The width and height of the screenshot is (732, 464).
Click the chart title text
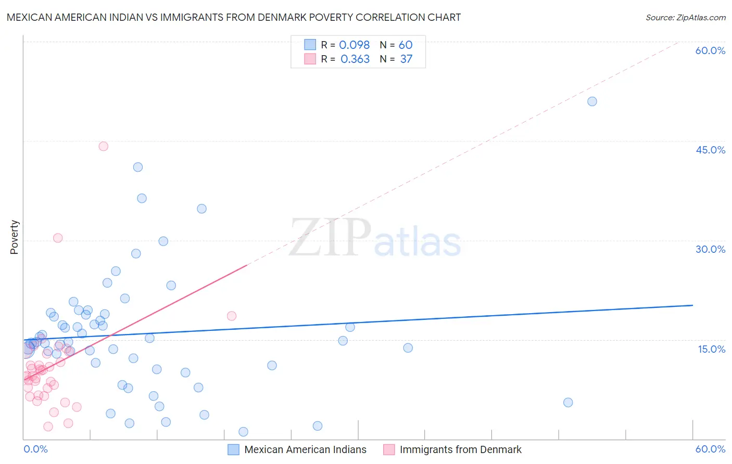pyautogui.click(x=234, y=17)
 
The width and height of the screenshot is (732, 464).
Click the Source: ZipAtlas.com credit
pyautogui.click(x=685, y=18)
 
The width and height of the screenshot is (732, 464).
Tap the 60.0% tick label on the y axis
pyautogui.click(x=710, y=50)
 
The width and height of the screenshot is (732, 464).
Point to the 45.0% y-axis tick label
pyautogui.click(x=710, y=150)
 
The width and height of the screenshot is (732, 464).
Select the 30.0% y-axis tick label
pyautogui.click(x=710, y=249)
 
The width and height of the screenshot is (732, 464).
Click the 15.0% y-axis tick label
pyautogui.click(x=711, y=349)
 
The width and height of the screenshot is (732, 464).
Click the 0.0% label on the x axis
pyautogui.click(x=35, y=449)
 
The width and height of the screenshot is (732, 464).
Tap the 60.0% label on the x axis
pyautogui.click(x=710, y=449)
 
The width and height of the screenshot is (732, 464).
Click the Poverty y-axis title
pyautogui.click(x=14, y=237)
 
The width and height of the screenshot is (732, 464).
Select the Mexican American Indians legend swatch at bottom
pyautogui.click(x=234, y=449)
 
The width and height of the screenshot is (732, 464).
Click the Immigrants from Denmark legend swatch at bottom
pyautogui.click(x=389, y=449)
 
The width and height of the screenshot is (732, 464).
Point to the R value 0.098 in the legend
pyautogui.click(x=354, y=45)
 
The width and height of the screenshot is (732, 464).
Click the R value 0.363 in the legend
pyautogui.click(x=355, y=59)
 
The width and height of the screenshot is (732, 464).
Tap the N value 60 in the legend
pyautogui.click(x=406, y=45)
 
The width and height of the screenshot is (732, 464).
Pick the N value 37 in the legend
pyautogui.click(x=406, y=59)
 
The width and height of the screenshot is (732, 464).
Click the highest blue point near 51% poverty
pyautogui.click(x=592, y=101)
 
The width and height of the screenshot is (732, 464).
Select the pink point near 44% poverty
pyautogui.click(x=103, y=146)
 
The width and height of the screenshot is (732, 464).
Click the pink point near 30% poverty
pyautogui.click(x=58, y=238)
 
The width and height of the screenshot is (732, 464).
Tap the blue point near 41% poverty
pyautogui.click(x=138, y=167)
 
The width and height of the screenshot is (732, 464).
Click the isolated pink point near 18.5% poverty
pyautogui.click(x=232, y=316)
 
